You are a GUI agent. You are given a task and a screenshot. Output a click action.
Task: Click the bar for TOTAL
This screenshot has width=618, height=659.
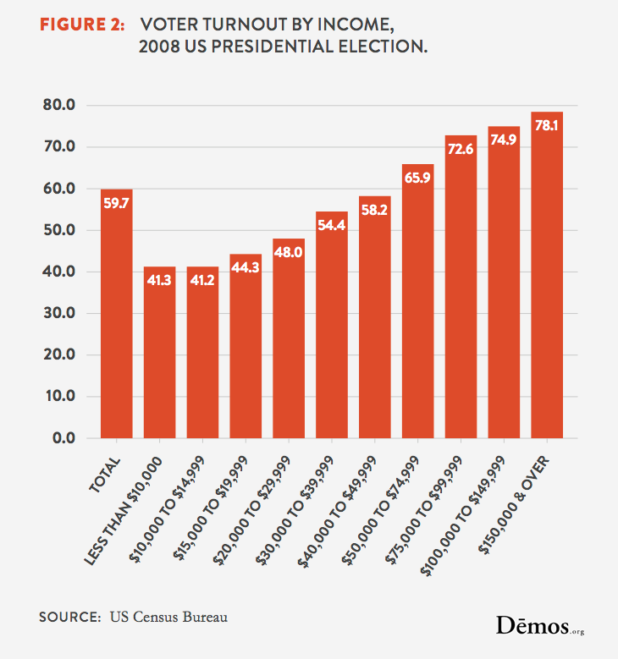116,314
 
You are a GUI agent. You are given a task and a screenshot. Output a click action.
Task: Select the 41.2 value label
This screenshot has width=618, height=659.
202,280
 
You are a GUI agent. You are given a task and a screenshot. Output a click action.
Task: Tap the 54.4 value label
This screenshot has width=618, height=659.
331,225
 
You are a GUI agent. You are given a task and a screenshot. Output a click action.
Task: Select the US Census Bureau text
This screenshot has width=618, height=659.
169,617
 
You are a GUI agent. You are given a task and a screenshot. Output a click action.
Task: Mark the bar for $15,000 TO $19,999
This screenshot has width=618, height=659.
246,346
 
